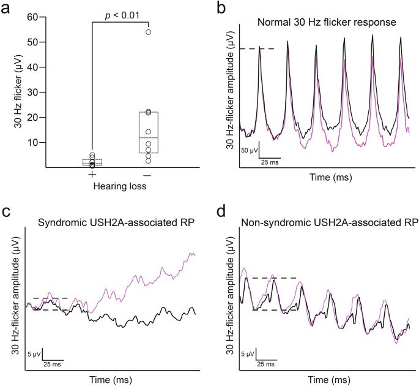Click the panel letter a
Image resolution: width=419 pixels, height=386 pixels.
click(7, 8)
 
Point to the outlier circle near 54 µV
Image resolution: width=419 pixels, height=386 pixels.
click(149, 32)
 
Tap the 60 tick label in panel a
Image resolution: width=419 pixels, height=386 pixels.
click(24, 17)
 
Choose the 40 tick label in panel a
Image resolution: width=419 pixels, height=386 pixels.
click(24, 67)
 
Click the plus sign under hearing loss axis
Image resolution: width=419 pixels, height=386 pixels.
click(92, 175)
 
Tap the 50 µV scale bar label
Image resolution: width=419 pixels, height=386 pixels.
click(248, 150)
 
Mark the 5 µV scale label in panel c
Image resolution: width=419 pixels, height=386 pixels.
click(34, 354)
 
